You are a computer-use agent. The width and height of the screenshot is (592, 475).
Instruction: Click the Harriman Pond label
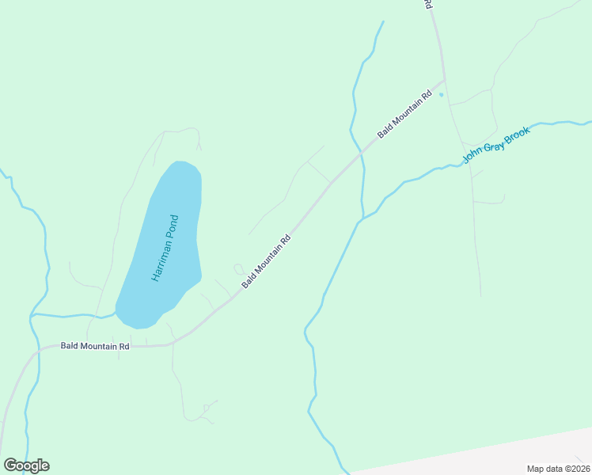click(165, 249)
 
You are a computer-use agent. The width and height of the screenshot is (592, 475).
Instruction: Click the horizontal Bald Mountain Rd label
click(95, 347)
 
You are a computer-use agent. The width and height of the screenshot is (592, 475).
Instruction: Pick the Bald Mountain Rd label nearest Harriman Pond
click(267, 261)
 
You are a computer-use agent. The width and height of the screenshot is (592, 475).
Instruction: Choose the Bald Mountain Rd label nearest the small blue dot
click(404, 115)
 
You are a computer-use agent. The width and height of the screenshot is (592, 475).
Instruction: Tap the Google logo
click(26, 465)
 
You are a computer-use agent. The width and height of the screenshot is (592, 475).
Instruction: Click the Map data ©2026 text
click(558, 469)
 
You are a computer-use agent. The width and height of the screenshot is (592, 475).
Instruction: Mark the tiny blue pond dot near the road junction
click(442, 95)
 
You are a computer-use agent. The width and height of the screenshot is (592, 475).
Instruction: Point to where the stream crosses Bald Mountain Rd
click(361, 151)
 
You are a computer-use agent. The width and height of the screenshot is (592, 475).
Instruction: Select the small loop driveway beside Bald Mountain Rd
click(239, 269)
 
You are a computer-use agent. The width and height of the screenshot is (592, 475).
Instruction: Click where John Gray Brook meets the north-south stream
click(362, 218)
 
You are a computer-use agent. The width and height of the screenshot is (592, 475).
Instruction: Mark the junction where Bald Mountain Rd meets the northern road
click(444, 80)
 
